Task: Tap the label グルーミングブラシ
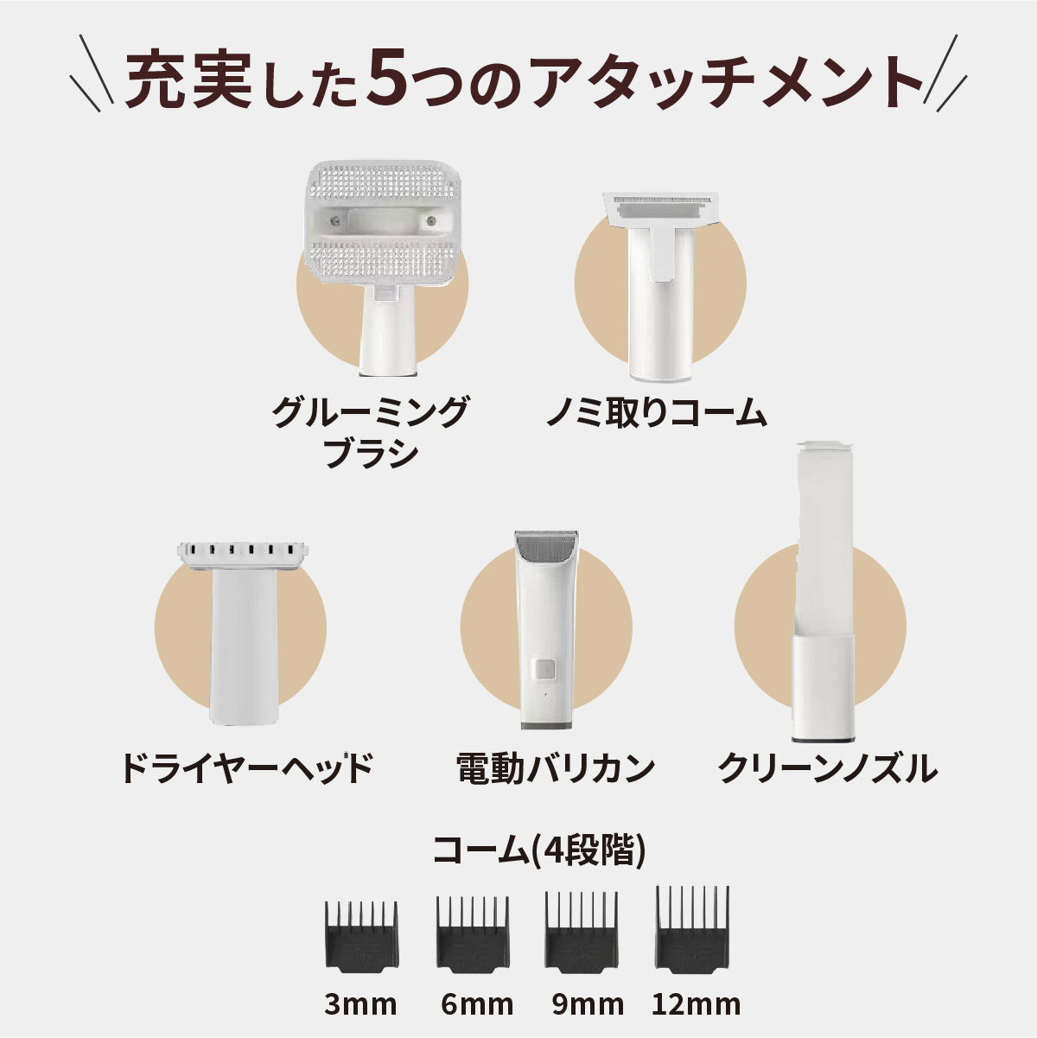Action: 370,432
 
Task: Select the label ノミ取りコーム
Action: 656,413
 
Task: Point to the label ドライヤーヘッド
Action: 246,767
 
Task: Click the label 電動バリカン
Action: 555,767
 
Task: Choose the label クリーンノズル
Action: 827,767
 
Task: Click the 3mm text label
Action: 360,1004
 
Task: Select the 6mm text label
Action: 476,1004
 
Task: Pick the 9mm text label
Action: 588,1004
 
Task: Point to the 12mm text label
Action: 696,1004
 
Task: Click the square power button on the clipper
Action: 544,669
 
